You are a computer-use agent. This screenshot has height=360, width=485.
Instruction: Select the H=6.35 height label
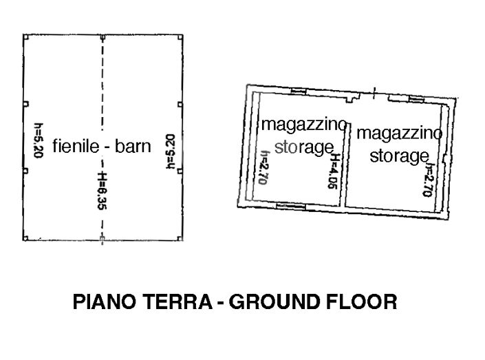coord(103,195)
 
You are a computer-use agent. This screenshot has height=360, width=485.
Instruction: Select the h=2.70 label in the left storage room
coord(263,169)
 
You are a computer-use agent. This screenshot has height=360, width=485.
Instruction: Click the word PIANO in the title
coord(102,302)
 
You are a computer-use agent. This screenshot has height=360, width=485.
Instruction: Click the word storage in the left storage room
coord(303,147)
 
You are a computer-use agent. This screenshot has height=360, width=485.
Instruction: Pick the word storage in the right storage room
coord(399,156)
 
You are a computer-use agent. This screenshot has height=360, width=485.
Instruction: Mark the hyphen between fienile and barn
coord(107,147)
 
